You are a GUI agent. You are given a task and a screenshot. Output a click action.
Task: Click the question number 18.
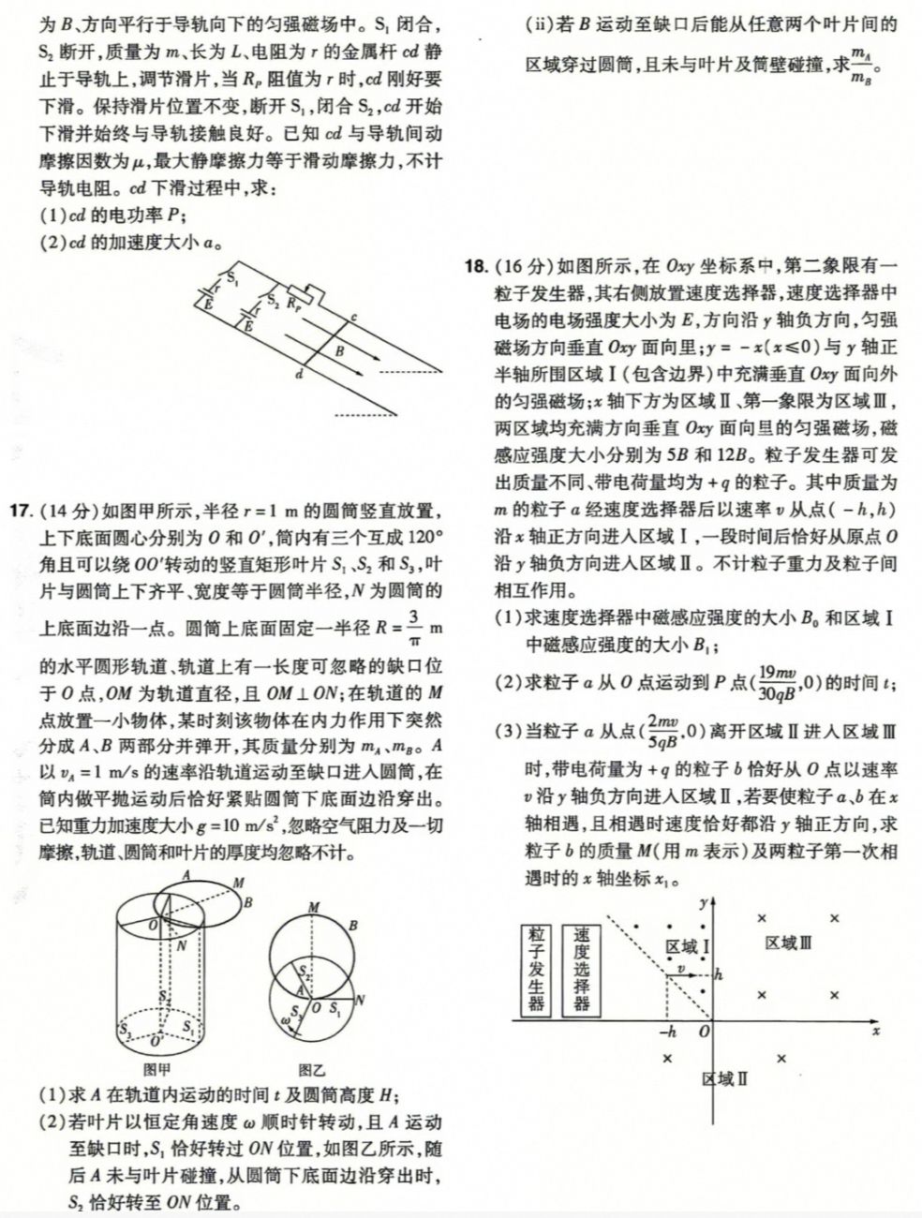point(477,267)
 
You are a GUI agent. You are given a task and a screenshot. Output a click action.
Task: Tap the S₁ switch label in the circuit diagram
point(233,278)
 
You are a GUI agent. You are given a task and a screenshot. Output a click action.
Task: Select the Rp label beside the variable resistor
point(293,304)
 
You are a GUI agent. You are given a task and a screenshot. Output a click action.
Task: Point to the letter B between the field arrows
point(339,350)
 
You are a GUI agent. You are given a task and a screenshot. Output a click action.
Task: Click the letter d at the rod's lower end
point(300,375)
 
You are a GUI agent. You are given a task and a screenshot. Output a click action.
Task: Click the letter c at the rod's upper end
point(353,318)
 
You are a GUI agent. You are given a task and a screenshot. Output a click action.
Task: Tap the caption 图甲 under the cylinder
point(157,1069)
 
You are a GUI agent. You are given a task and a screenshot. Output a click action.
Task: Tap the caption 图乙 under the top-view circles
point(312,1069)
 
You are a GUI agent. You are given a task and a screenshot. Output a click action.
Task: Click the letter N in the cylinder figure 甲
point(182,945)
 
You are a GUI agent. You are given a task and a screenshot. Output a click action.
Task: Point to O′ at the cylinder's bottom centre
point(156,1041)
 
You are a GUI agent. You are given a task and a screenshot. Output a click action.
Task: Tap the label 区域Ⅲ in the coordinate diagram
point(788,943)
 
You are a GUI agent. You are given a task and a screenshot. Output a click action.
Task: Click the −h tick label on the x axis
point(668,1032)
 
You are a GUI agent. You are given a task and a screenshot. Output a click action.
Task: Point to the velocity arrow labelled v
point(681,974)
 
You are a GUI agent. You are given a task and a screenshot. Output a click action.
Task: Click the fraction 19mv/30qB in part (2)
point(777,682)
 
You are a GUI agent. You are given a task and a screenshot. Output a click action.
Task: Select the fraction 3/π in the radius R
point(415,628)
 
